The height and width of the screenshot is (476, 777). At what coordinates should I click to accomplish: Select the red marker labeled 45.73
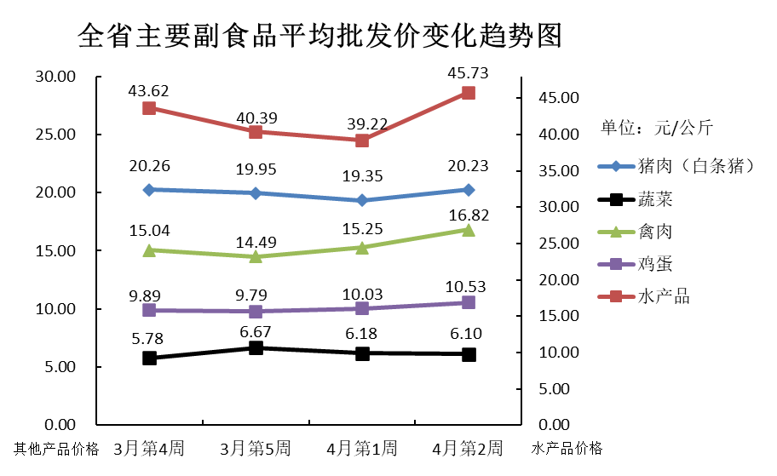tap(469, 93)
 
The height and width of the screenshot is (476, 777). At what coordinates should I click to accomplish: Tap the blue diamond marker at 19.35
tap(362, 200)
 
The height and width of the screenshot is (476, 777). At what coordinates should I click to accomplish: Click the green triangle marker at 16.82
tap(469, 230)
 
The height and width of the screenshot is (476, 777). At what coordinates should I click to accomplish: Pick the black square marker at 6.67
tap(256, 347)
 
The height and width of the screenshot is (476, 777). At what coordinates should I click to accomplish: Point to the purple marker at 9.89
tap(149, 310)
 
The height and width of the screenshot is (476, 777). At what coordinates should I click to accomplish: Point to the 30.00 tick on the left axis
tap(55, 77)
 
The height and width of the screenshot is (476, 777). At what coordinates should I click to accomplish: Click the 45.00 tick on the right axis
tap(559, 98)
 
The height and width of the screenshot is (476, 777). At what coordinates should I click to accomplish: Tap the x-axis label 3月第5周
tap(256, 448)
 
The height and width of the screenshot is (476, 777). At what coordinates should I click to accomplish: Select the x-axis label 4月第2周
tap(468, 448)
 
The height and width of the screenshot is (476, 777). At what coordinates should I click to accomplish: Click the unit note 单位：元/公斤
tap(657, 129)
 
